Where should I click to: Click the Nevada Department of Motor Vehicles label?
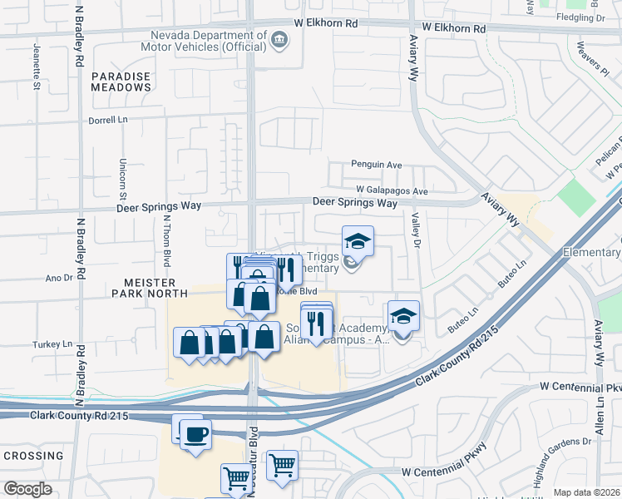(x=210, y=41)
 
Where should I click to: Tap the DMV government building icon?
(x=279, y=40)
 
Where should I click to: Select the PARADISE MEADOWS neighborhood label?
(x=121, y=82)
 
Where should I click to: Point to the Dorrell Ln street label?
(x=108, y=121)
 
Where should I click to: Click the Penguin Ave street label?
(x=377, y=166)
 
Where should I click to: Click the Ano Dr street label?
(x=59, y=278)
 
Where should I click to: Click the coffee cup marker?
(x=195, y=435)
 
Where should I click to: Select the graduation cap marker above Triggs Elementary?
(x=358, y=241)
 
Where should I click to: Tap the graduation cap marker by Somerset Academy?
(x=403, y=316)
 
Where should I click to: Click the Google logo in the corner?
(x=27, y=489)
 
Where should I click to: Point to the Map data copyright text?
(x=587, y=492)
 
